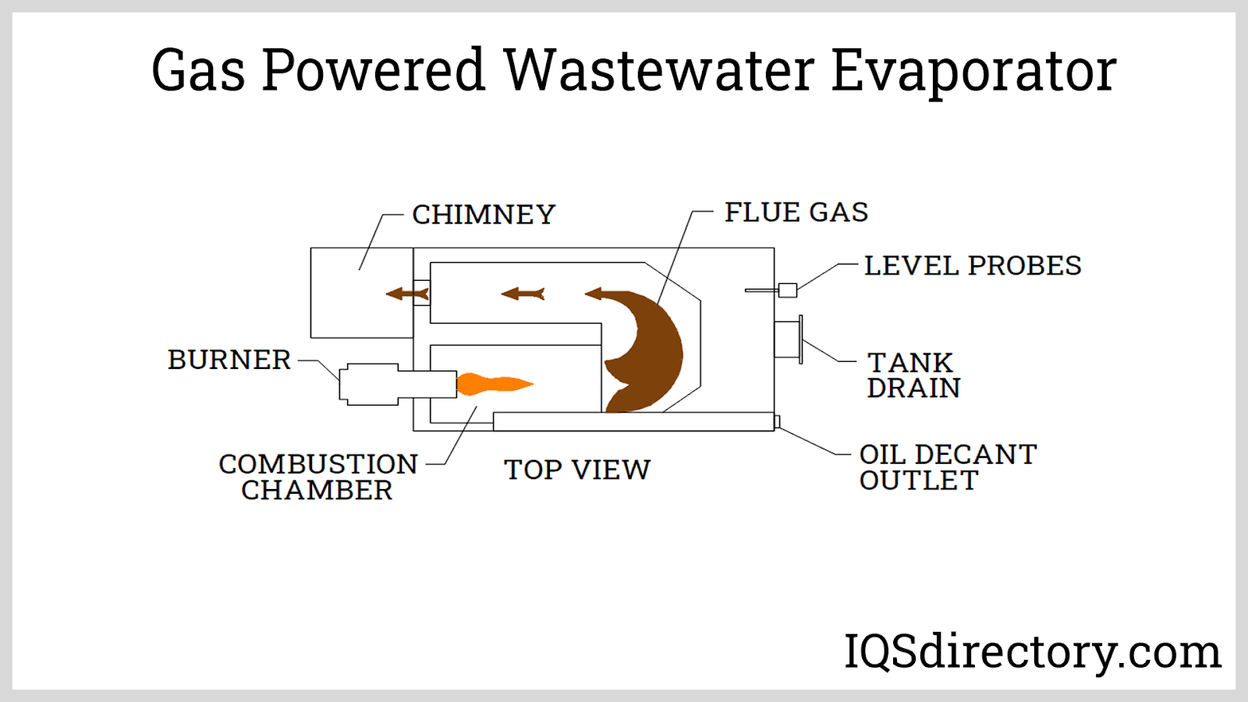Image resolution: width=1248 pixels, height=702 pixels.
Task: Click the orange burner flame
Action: pyautogui.click(x=491, y=384)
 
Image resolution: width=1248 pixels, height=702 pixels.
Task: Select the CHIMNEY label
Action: pyautogui.click(x=484, y=214)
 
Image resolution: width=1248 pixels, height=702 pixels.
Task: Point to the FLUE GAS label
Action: pyautogui.click(x=796, y=212)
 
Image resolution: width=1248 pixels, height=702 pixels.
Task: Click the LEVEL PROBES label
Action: pyautogui.click(x=972, y=266)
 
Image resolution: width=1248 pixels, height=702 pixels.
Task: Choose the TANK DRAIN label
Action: pyautogui.click(x=913, y=375)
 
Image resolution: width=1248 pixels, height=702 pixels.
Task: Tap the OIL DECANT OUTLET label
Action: pyautogui.click(x=947, y=467)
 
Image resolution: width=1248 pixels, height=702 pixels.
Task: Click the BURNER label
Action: pyautogui.click(x=229, y=360)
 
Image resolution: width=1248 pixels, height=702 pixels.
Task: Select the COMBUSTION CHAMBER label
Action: pyautogui.click(x=317, y=477)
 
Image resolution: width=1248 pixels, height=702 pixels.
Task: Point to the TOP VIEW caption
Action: pyautogui.click(x=576, y=470)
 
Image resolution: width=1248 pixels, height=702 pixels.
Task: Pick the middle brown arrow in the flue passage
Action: pyautogui.click(x=523, y=294)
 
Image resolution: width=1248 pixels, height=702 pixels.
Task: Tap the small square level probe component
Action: pyautogui.click(x=788, y=290)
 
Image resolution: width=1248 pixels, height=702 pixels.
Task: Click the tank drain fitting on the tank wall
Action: pyautogui.click(x=789, y=339)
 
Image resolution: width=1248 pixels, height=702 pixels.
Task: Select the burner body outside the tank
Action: pyautogui.click(x=370, y=384)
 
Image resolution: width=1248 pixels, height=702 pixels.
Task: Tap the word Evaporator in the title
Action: pyautogui.click(x=973, y=72)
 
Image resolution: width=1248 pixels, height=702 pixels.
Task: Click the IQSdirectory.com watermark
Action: pyautogui.click(x=1032, y=651)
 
